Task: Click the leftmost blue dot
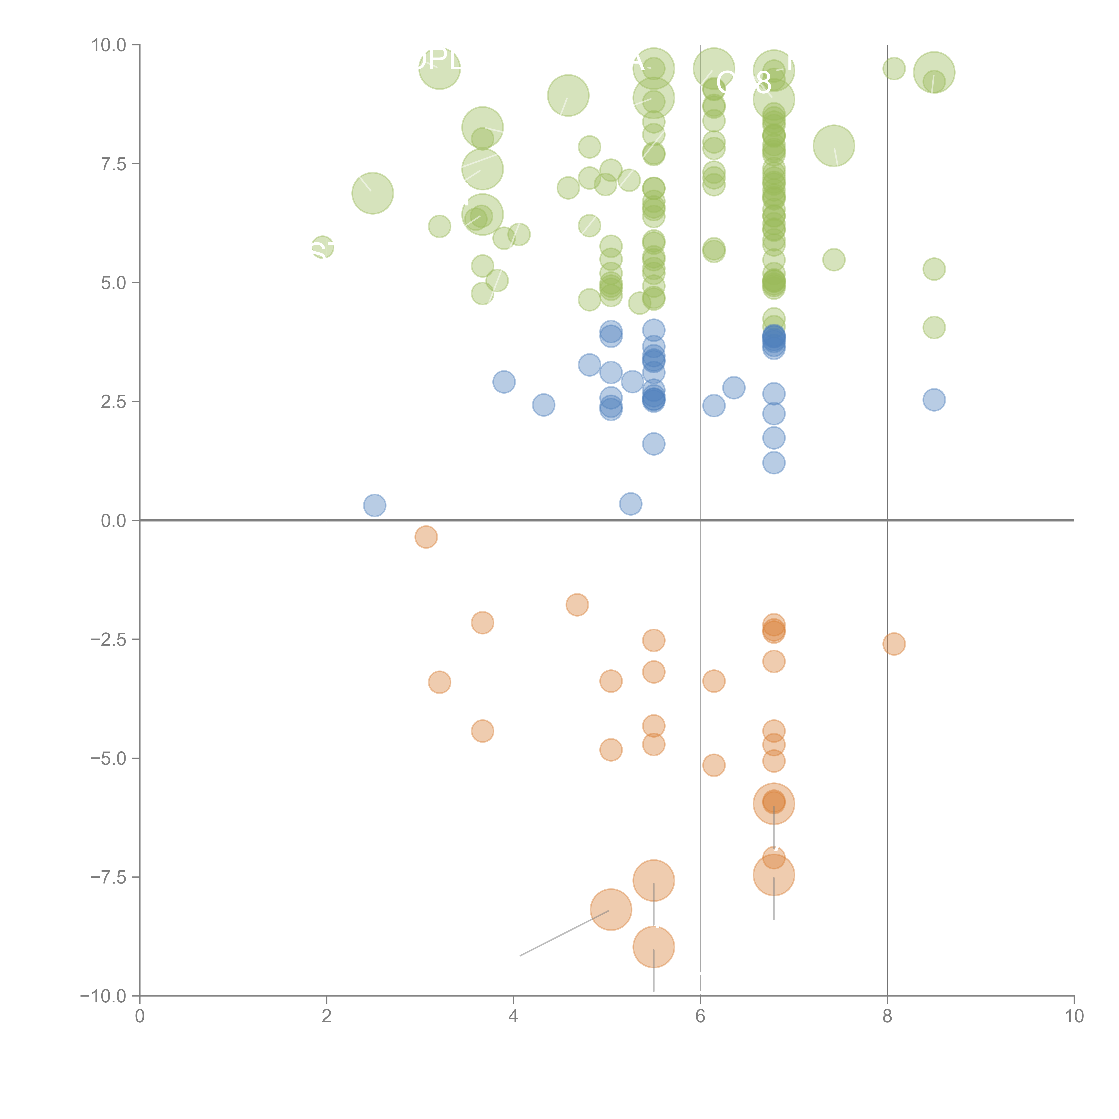(x=375, y=505)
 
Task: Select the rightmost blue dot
(x=934, y=400)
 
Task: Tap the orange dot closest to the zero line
(x=426, y=537)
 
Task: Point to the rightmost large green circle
(x=934, y=72)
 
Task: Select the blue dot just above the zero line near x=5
(x=630, y=503)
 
